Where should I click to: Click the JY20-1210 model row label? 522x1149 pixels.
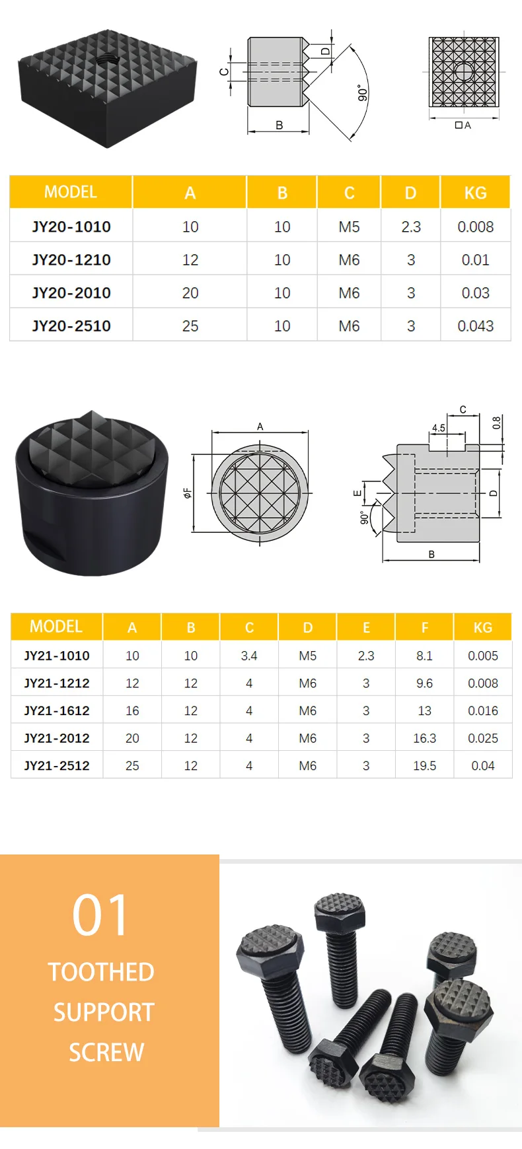pos(71,260)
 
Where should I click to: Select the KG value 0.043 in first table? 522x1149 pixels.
pos(475,326)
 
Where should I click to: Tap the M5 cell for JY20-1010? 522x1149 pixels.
pos(349,226)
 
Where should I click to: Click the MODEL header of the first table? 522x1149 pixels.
pos(71,192)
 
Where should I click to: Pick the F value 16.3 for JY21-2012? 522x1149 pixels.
pos(424,738)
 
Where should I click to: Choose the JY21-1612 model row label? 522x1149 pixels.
pos(57,711)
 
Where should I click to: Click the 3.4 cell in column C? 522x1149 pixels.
pos(249,656)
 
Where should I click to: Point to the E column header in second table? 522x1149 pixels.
pos(366,627)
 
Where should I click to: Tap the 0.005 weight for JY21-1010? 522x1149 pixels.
pos(483,656)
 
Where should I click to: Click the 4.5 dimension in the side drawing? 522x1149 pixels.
pos(439,428)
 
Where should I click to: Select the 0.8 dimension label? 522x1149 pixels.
pos(497,423)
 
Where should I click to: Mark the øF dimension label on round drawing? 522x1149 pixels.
pos(188,493)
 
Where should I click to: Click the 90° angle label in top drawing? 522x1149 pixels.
pos(362,92)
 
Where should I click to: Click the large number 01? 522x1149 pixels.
pos(100,915)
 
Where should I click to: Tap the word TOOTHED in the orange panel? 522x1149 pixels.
pos(101,972)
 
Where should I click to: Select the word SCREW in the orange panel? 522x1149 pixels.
pos(106,1052)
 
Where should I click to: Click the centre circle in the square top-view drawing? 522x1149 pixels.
pos(464,71)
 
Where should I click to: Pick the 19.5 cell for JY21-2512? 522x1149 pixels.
pos(424,765)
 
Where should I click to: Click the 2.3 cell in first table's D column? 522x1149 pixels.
pos(411,226)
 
